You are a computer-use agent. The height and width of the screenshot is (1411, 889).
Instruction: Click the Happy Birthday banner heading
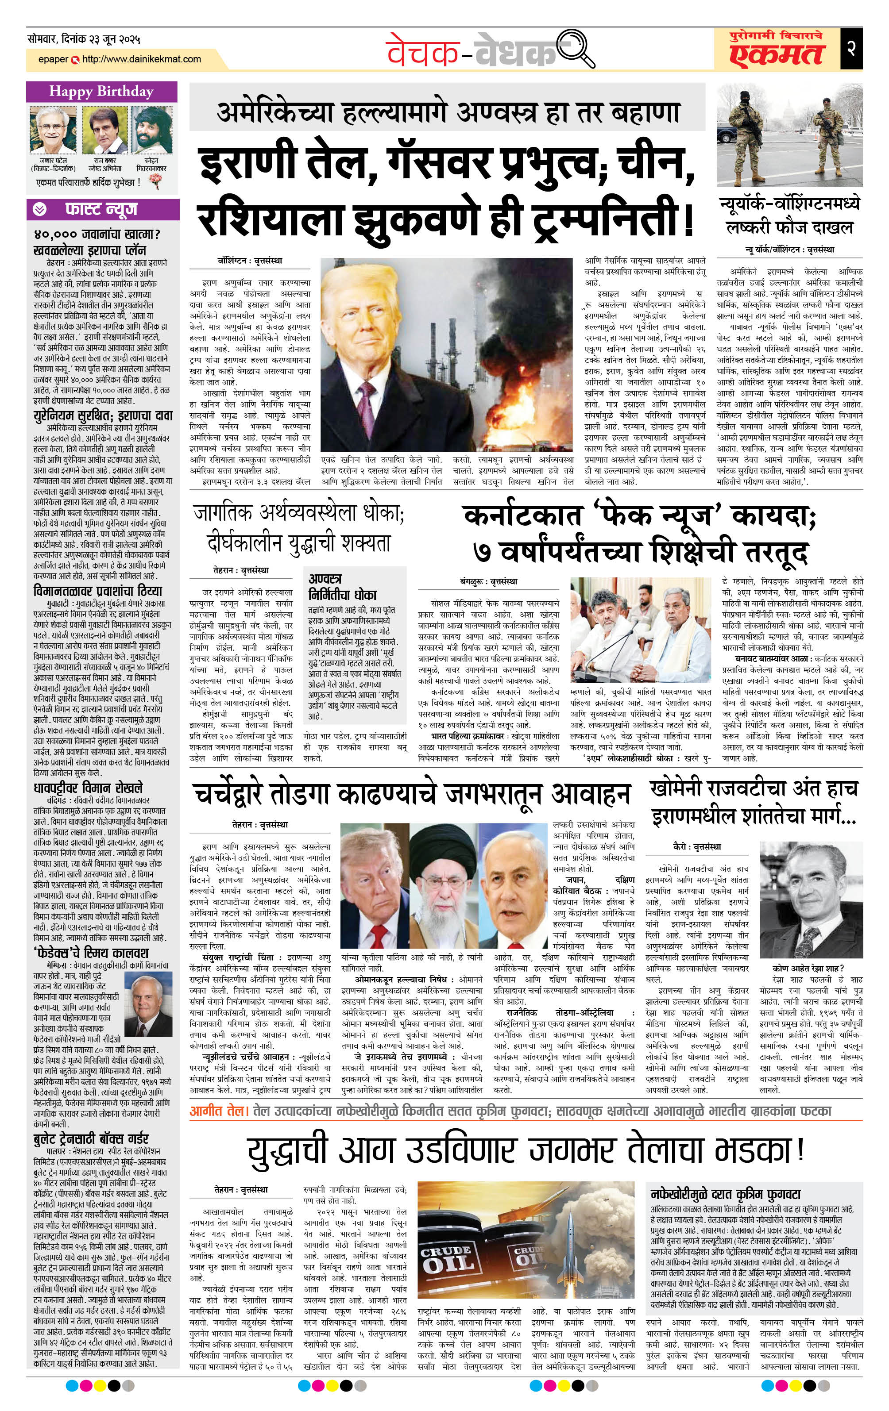pyautogui.click(x=101, y=92)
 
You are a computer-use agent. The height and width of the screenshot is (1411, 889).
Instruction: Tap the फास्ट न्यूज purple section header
pyautogui.click(x=101, y=208)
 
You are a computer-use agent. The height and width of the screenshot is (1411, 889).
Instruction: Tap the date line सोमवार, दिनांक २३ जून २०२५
pyautogui.click(x=84, y=39)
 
